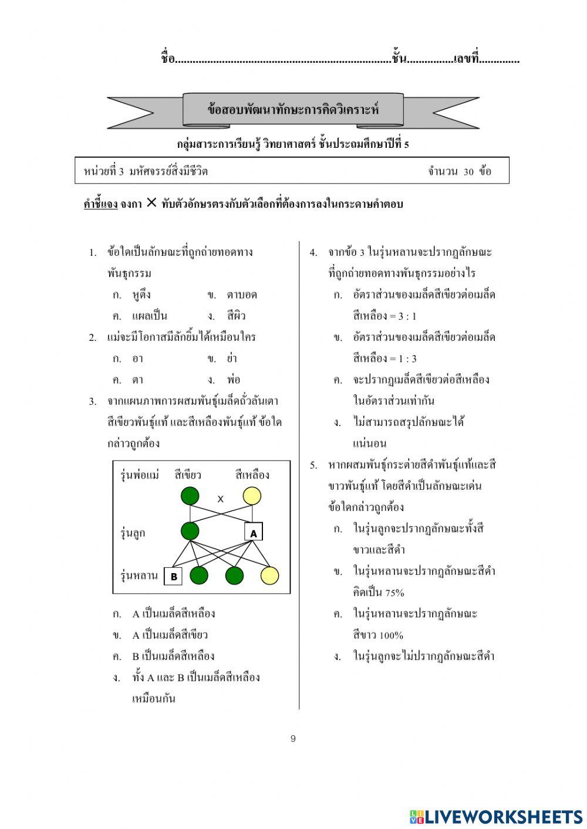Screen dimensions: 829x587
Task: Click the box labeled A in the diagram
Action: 254,532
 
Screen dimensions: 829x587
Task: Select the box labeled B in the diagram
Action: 173,576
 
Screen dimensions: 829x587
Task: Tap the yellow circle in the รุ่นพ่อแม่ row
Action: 252,496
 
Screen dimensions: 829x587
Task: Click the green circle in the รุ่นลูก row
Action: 190,531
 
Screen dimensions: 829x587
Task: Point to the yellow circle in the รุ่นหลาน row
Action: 269,576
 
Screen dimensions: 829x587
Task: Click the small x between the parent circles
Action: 221,499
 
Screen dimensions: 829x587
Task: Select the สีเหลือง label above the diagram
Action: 252,475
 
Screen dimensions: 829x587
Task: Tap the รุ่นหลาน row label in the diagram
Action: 139,576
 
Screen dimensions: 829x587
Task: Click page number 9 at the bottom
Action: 293,739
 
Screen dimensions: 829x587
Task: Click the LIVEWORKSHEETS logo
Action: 496,816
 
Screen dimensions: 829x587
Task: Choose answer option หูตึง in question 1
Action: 141,295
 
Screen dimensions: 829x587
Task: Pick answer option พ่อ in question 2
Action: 233,380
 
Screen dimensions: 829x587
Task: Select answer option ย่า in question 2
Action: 231,358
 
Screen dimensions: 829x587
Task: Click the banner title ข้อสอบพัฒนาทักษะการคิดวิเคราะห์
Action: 293,109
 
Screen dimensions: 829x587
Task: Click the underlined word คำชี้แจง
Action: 100,204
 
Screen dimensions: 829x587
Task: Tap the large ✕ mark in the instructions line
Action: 151,203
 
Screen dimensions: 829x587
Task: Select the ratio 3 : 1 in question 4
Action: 407,316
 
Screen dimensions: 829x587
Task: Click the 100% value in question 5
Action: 391,635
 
